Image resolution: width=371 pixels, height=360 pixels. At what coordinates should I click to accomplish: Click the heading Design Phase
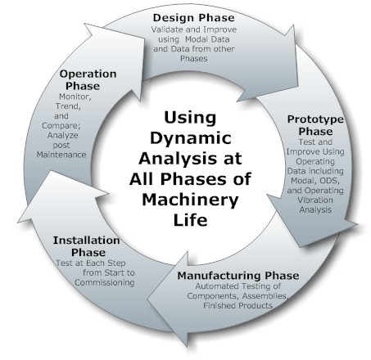point(193,18)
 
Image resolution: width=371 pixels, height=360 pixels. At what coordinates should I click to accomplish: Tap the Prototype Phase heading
point(315,125)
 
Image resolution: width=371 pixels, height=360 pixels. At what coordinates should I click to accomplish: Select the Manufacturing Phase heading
point(238,276)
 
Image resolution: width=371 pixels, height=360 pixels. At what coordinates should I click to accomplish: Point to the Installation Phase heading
point(87,246)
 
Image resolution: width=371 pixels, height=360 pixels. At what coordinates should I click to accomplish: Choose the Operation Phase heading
point(88,79)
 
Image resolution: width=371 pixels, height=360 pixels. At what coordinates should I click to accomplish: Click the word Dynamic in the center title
point(191,137)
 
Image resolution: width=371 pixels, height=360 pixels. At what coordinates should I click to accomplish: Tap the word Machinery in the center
point(190,200)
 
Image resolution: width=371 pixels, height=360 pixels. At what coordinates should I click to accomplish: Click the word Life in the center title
point(190,219)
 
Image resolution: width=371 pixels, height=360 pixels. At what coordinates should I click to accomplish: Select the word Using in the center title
point(190,118)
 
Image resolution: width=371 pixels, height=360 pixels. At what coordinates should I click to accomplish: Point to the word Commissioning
point(105,282)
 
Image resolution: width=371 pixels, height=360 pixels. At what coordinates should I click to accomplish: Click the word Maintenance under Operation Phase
point(61,155)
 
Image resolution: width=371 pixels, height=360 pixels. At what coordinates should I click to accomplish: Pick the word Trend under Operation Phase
point(68,106)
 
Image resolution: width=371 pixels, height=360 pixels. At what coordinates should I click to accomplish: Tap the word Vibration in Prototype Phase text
point(315,200)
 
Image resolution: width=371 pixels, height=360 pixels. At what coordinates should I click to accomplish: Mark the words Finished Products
point(238,305)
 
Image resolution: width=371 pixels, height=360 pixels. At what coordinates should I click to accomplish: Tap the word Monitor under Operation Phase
point(75,97)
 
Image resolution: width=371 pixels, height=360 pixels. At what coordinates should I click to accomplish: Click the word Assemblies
point(265,296)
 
